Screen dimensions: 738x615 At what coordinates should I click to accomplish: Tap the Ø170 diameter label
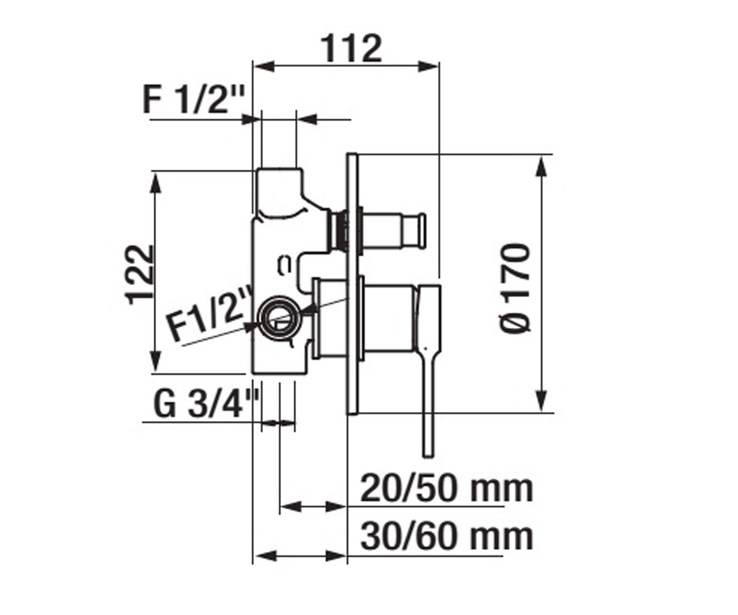pyautogui.click(x=516, y=287)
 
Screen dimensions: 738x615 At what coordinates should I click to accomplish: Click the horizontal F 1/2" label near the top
pyautogui.click(x=194, y=100)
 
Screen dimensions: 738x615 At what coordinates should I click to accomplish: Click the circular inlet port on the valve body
pyautogui.click(x=279, y=316)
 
